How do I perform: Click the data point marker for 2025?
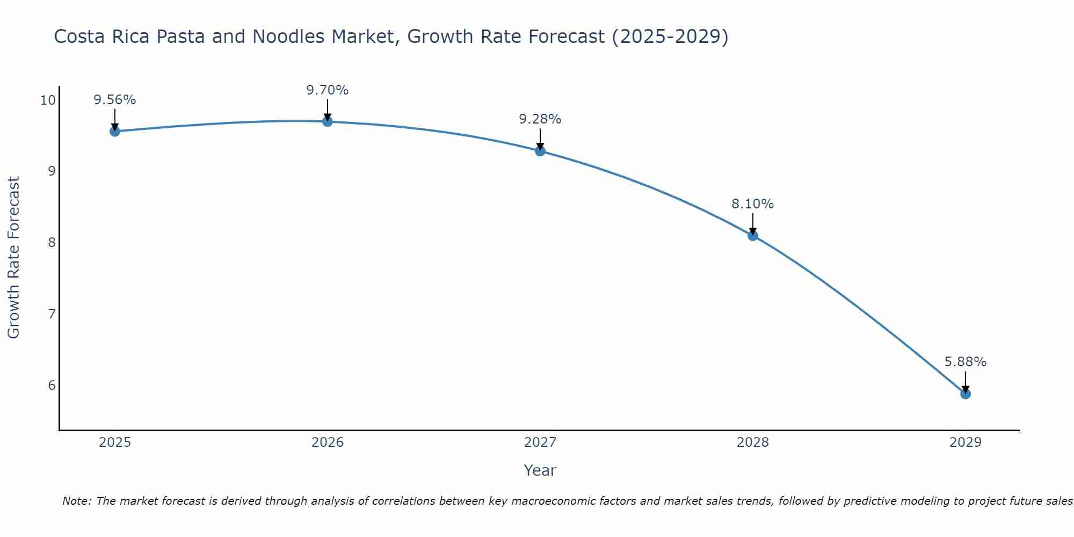pyautogui.click(x=114, y=131)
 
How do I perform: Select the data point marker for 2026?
pyautogui.click(x=327, y=121)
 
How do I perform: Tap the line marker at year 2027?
pyautogui.click(x=540, y=151)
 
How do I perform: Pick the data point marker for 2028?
pyautogui.click(x=752, y=235)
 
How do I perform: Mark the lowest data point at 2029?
pyautogui.click(x=965, y=394)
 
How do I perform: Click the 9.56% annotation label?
pyautogui.click(x=114, y=100)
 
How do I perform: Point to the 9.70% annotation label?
pyautogui.click(x=327, y=90)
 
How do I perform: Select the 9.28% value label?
pyautogui.click(x=540, y=119)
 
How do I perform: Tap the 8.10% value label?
pyautogui.click(x=752, y=204)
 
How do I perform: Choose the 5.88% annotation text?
pyautogui.click(x=965, y=362)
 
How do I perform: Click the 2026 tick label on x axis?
pyautogui.click(x=327, y=442)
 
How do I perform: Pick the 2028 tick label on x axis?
pyautogui.click(x=752, y=442)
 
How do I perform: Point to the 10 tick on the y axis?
pyautogui.click(x=48, y=100)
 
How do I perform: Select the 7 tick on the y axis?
pyautogui.click(x=52, y=314)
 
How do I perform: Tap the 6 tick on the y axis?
pyautogui.click(x=52, y=385)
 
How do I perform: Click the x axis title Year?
pyautogui.click(x=540, y=470)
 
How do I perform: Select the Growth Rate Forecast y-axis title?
pyautogui.click(x=13, y=258)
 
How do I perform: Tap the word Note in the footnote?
pyautogui.click(x=77, y=501)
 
